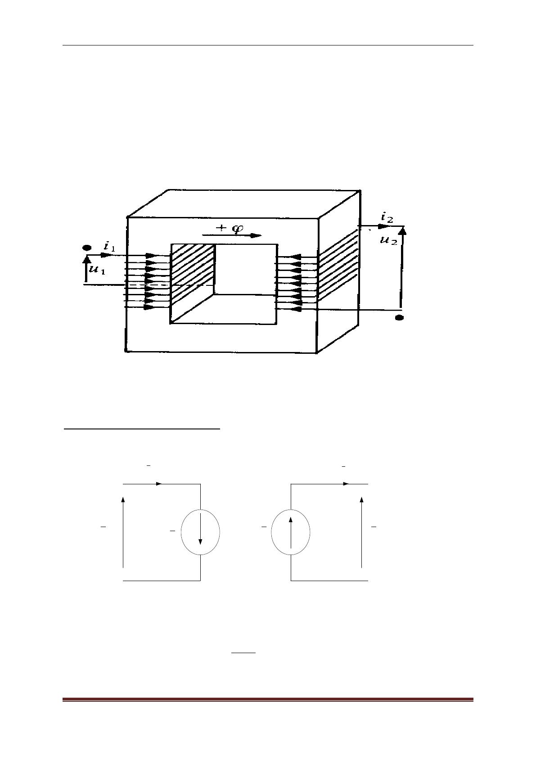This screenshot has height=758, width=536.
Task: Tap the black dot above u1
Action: tap(87, 248)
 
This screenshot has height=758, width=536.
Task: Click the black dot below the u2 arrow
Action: tap(400, 317)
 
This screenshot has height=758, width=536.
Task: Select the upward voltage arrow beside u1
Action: tap(86, 269)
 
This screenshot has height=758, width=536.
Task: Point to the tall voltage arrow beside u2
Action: tap(401, 267)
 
